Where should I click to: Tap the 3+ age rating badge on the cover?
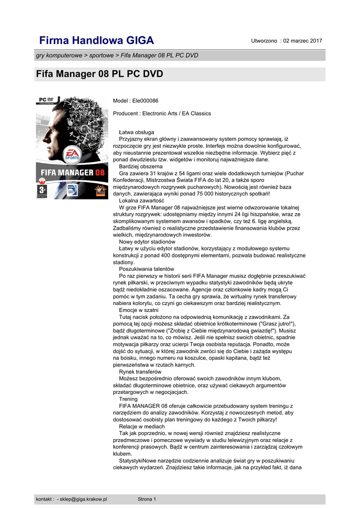tap(42, 190)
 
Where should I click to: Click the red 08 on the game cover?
tap(100, 173)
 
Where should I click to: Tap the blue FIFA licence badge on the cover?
tap(72, 190)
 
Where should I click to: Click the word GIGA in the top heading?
tap(139, 40)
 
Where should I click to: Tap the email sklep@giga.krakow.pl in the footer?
tap(83, 499)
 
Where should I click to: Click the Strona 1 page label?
tap(147, 499)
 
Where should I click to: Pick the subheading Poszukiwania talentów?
tap(146, 269)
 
